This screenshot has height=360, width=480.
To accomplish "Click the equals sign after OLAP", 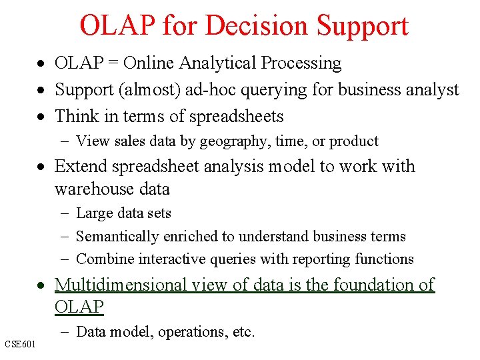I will pos(113,64).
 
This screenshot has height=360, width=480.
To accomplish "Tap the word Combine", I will pos(103,259).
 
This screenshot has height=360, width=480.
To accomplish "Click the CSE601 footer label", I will pos(20,344).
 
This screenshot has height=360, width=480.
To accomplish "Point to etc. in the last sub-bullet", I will pos(243,332).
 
